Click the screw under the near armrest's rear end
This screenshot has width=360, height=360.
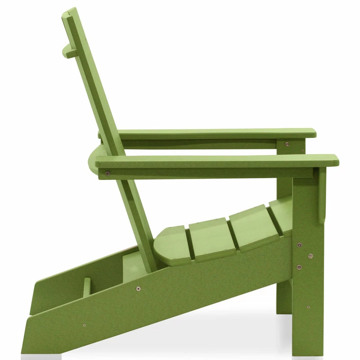click(107, 173)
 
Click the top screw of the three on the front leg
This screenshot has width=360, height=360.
click(299, 245)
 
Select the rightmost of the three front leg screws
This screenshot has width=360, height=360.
click(310, 256)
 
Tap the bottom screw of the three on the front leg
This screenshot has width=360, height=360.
click(299, 267)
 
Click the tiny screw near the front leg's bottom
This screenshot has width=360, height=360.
click(308, 307)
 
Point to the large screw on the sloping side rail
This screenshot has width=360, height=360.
click(138, 288)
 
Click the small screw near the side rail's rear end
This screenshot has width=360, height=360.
click(84, 324)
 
